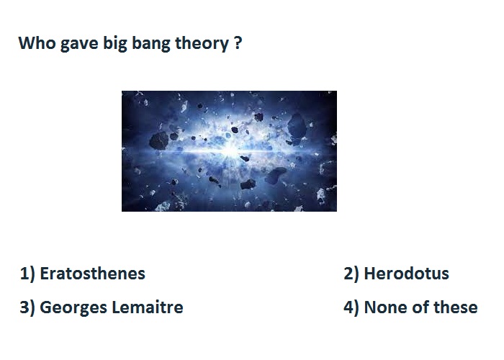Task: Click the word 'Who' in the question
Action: click(x=37, y=42)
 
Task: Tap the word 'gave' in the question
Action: click(x=79, y=44)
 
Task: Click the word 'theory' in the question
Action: click(x=202, y=44)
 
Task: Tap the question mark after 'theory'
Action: click(x=238, y=42)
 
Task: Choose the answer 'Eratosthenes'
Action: click(x=93, y=274)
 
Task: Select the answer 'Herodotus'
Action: click(x=406, y=274)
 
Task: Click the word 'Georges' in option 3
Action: click(x=73, y=308)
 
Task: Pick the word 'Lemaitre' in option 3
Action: click(x=148, y=307)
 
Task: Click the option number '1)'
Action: click(x=27, y=274)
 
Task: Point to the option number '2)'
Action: click(x=351, y=274)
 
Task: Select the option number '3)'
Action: click(x=27, y=308)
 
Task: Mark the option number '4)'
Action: click(x=351, y=308)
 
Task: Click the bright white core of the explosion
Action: click(x=230, y=150)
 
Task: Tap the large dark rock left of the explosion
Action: click(x=159, y=140)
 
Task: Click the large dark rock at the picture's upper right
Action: click(x=297, y=126)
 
